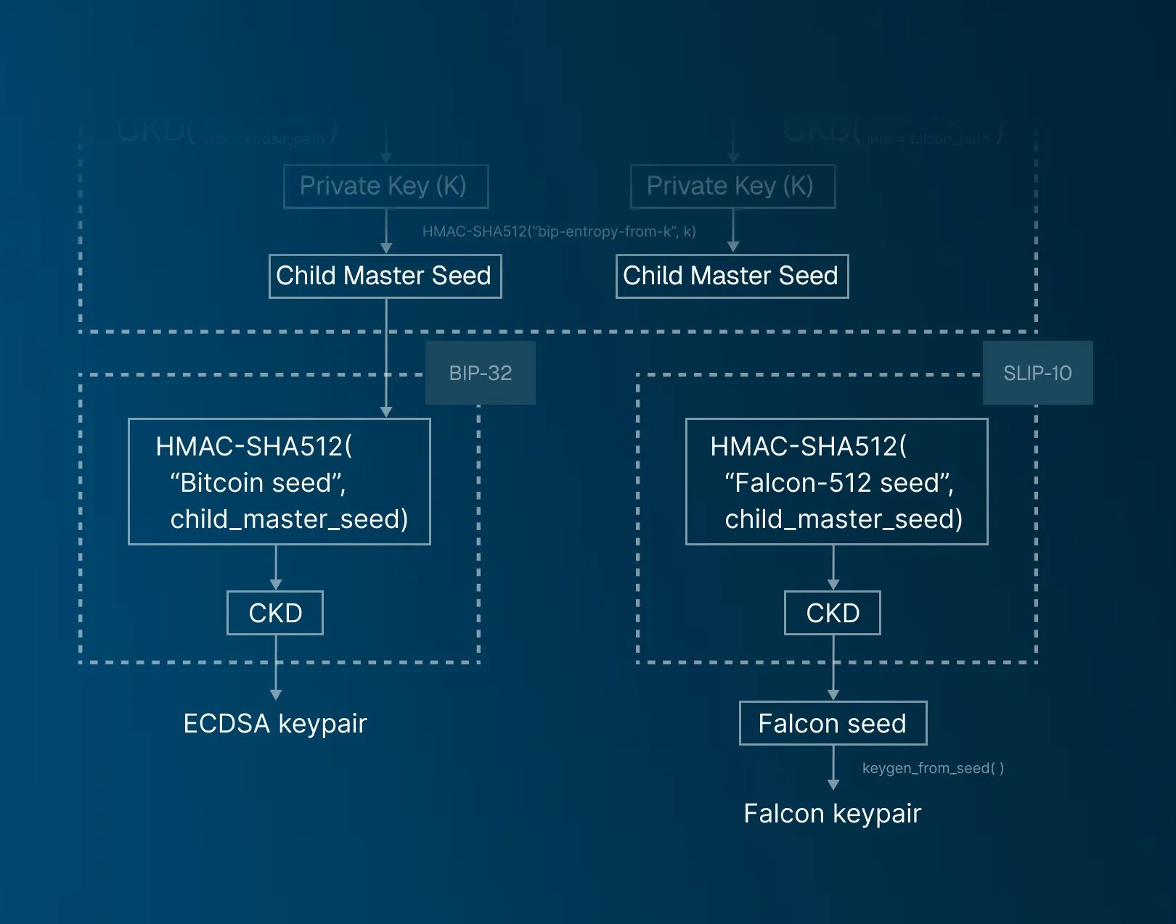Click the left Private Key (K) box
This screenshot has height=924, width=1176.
(x=385, y=186)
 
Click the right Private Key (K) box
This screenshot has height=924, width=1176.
(x=732, y=186)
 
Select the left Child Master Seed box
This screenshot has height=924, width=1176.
(x=385, y=276)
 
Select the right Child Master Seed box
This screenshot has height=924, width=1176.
(x=732, y=276)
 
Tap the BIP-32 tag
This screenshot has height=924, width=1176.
(x=480, y=373)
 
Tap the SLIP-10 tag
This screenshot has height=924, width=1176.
(x=1037, y=373)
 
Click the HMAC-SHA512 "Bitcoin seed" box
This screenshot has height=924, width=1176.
(x=279, y=482)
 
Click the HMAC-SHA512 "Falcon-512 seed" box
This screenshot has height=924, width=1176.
(x=836, y=482)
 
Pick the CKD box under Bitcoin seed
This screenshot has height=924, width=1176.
(x=275, y=613)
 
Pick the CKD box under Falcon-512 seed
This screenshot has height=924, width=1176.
(x=833, y=613)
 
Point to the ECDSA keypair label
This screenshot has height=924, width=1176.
(x=275, y=724)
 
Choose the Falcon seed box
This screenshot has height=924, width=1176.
(x=833, y=723)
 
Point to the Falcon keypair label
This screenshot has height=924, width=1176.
(x=833, y=814)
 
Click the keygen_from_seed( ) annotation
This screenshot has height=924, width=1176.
(x=933, y=768)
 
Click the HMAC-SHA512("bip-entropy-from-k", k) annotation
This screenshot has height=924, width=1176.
(x=559, y=231)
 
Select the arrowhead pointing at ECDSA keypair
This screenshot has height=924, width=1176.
(x=276, y=695)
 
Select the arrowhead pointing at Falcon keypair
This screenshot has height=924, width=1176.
(x=833, y=785)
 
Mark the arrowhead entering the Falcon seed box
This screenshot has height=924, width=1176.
(x=833, y=695)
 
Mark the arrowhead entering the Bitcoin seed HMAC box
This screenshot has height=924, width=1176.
(x=386, y=412)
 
